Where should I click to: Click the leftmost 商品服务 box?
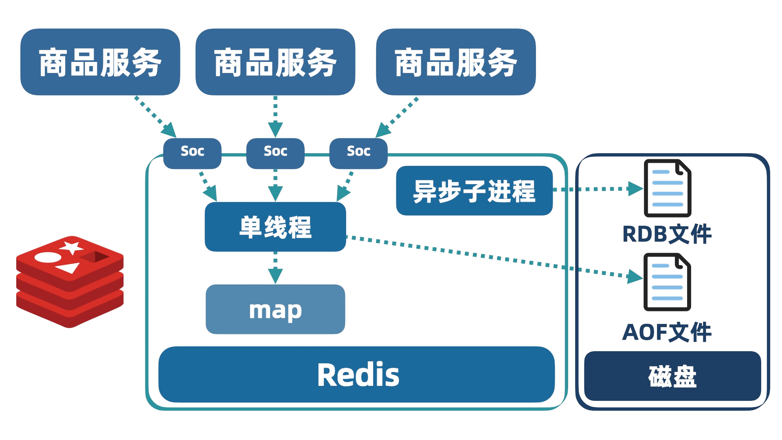pos(100,62)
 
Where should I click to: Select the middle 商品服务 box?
pos(275,62)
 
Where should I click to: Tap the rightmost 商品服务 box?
pos(456,62)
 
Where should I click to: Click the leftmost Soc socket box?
pos(192,153)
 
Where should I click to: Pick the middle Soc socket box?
pos(275,153)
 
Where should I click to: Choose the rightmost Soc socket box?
pos(358,153)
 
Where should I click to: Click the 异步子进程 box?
pos(474,190)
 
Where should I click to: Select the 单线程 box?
pos(275,227)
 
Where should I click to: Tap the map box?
pos(275,309)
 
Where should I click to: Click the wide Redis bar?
pos(357,374)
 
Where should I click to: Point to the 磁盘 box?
pos(672,376)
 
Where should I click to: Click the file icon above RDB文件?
pos(668,188)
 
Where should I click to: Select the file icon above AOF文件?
pos(668,282)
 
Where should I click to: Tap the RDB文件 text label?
pos(667,234)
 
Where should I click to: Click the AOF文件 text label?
pos(667,332)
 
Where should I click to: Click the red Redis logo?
pos(70,282)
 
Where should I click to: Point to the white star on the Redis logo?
pos(72,247)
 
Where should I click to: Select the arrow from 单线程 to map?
pos(275,268)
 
